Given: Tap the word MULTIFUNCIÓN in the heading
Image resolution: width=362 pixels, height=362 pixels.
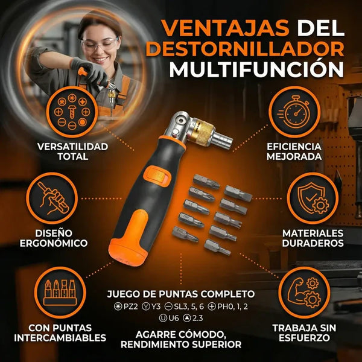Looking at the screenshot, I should pos(252,69).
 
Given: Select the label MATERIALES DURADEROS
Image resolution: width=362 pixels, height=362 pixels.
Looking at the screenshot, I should pos(312,238).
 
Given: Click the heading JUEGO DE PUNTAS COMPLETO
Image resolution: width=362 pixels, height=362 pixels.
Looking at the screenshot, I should pos(181,294).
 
